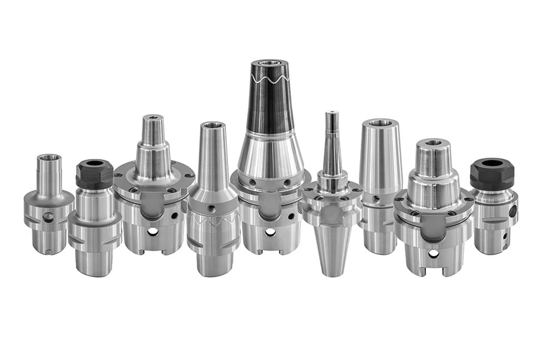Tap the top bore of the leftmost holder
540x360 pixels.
click(49, 157)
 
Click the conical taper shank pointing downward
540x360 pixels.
click(332, 249)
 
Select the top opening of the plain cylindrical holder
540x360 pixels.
click(380, 123)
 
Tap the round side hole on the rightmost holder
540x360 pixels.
click(512, 211)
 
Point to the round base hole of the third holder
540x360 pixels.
click(154, 231)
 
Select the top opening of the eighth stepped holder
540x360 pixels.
click(433, 143)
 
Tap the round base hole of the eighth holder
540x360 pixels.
click(433, 254)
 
